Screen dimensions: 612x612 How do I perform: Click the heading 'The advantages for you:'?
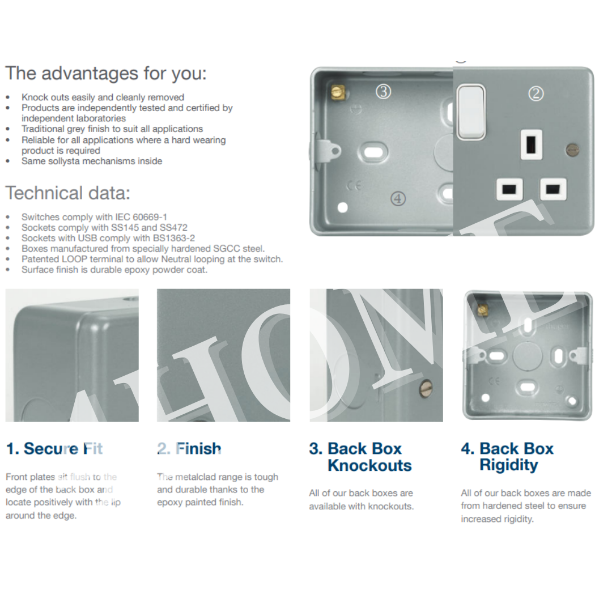tap(106, 74)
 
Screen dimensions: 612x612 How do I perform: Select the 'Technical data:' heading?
tap(68, 193)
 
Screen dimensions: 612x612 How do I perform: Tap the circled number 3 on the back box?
tap(384, 91)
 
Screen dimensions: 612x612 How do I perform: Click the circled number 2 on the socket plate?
tap(536, 93)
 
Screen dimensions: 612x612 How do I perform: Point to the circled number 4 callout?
tap(399, 198)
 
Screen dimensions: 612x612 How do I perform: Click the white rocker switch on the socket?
tap(471, 112)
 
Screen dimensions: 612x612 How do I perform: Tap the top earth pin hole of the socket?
tap(532, 144)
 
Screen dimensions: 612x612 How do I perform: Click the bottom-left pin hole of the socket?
tap(507, 189)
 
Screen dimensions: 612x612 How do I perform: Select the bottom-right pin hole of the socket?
tap(553, 189)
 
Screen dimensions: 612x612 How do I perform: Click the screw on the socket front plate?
tap(572, 150)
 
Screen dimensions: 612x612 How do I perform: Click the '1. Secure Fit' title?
tap(55, 449)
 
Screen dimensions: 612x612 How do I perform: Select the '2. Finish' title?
tap(189, 449)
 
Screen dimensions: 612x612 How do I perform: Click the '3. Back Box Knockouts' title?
tap(360, 457)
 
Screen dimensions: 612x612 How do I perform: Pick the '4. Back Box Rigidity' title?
tap(507, 457)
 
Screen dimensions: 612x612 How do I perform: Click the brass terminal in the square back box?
tap(483, 309)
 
